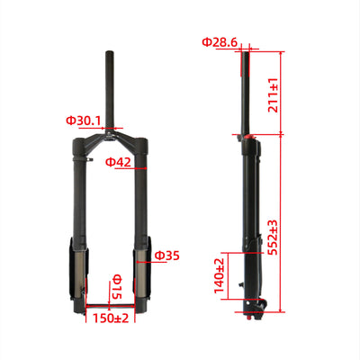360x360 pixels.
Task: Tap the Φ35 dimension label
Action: click(167, 256)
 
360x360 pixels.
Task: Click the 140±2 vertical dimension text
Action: click(219, 276)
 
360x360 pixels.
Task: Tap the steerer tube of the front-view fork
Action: click(113, 85)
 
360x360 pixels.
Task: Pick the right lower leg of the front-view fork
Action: click(143, 270)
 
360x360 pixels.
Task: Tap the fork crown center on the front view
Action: click(113, 137)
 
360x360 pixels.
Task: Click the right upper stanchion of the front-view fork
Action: click(141, 193)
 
